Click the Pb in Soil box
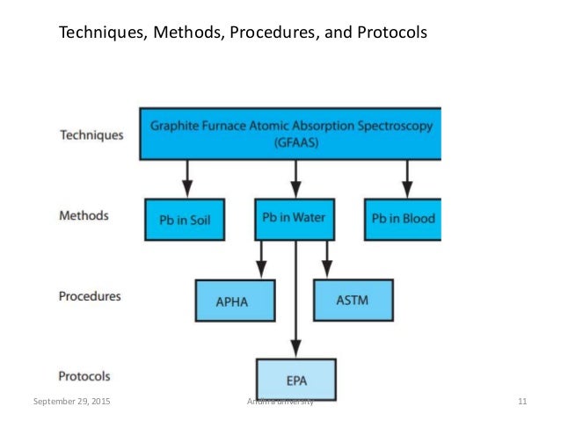(186, 219)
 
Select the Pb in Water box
(295, 219)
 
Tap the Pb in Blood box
(404, 219)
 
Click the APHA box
(233, 301)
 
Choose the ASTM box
(353, 301)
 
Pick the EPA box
(295, 381)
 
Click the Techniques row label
(91, 135)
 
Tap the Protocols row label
(85, 376)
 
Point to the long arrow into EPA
(295, 299)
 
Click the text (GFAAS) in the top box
(290, 144)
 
